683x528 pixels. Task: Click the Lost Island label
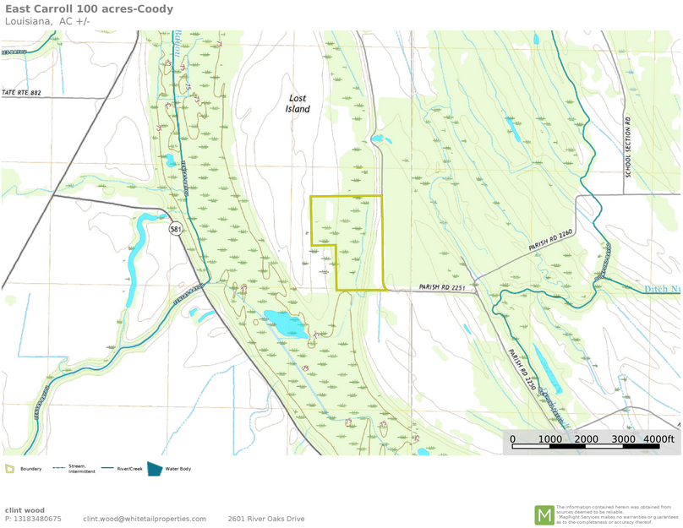(x=298, y=103)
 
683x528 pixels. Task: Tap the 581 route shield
(x=175, y=229)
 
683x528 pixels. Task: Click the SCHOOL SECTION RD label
(x=629, y=146)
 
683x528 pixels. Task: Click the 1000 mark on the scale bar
(x=549, y=439)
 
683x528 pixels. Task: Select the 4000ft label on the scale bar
(x=658, y=439)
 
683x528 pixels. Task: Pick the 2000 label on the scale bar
(x=587, y=439)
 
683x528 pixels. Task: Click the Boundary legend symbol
(x=10, y=468)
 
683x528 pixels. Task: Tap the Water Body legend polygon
(x=155, y=468)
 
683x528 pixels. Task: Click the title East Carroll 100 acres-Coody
(x=89, y=9)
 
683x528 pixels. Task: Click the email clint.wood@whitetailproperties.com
(x=145, y=519)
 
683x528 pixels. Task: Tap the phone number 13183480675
(x=38, y=519)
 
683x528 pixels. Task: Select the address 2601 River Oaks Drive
(x=265, y=519)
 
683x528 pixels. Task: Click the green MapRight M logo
(x=544, y=514)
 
